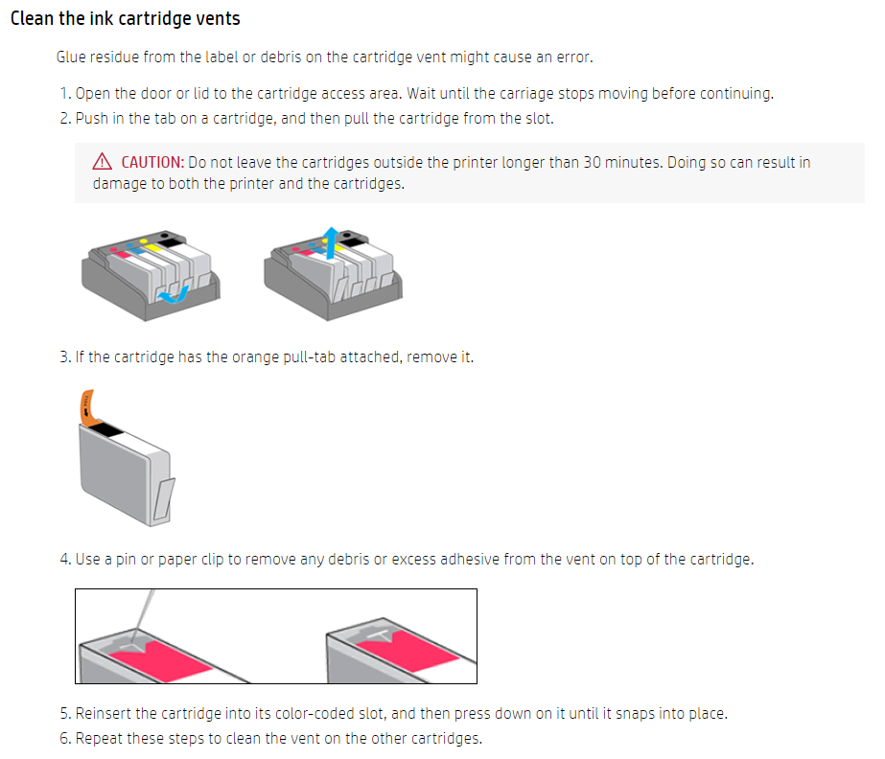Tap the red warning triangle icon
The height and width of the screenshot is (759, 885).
(103, 162)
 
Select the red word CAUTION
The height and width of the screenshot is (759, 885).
(152, 162)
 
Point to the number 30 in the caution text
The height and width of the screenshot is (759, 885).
(593, 162)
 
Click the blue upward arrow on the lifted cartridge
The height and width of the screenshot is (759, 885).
(330, 242)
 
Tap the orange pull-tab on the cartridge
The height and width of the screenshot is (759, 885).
(89, 406)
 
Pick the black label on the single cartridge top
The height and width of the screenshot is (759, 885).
(107, 430)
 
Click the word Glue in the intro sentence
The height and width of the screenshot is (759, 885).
(72, 57)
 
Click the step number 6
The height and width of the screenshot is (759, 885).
(64, 738)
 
